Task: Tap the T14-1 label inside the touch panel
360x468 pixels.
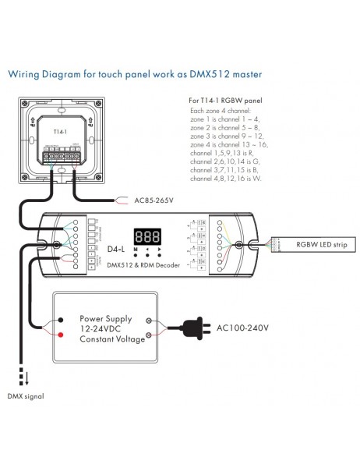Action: click(59, 133)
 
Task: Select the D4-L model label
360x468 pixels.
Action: click(115, 250)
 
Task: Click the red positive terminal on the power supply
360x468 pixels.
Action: click(61, 335)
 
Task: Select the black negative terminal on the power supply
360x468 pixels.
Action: click(61, 320)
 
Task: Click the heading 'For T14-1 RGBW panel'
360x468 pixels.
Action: click(225, 101)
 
